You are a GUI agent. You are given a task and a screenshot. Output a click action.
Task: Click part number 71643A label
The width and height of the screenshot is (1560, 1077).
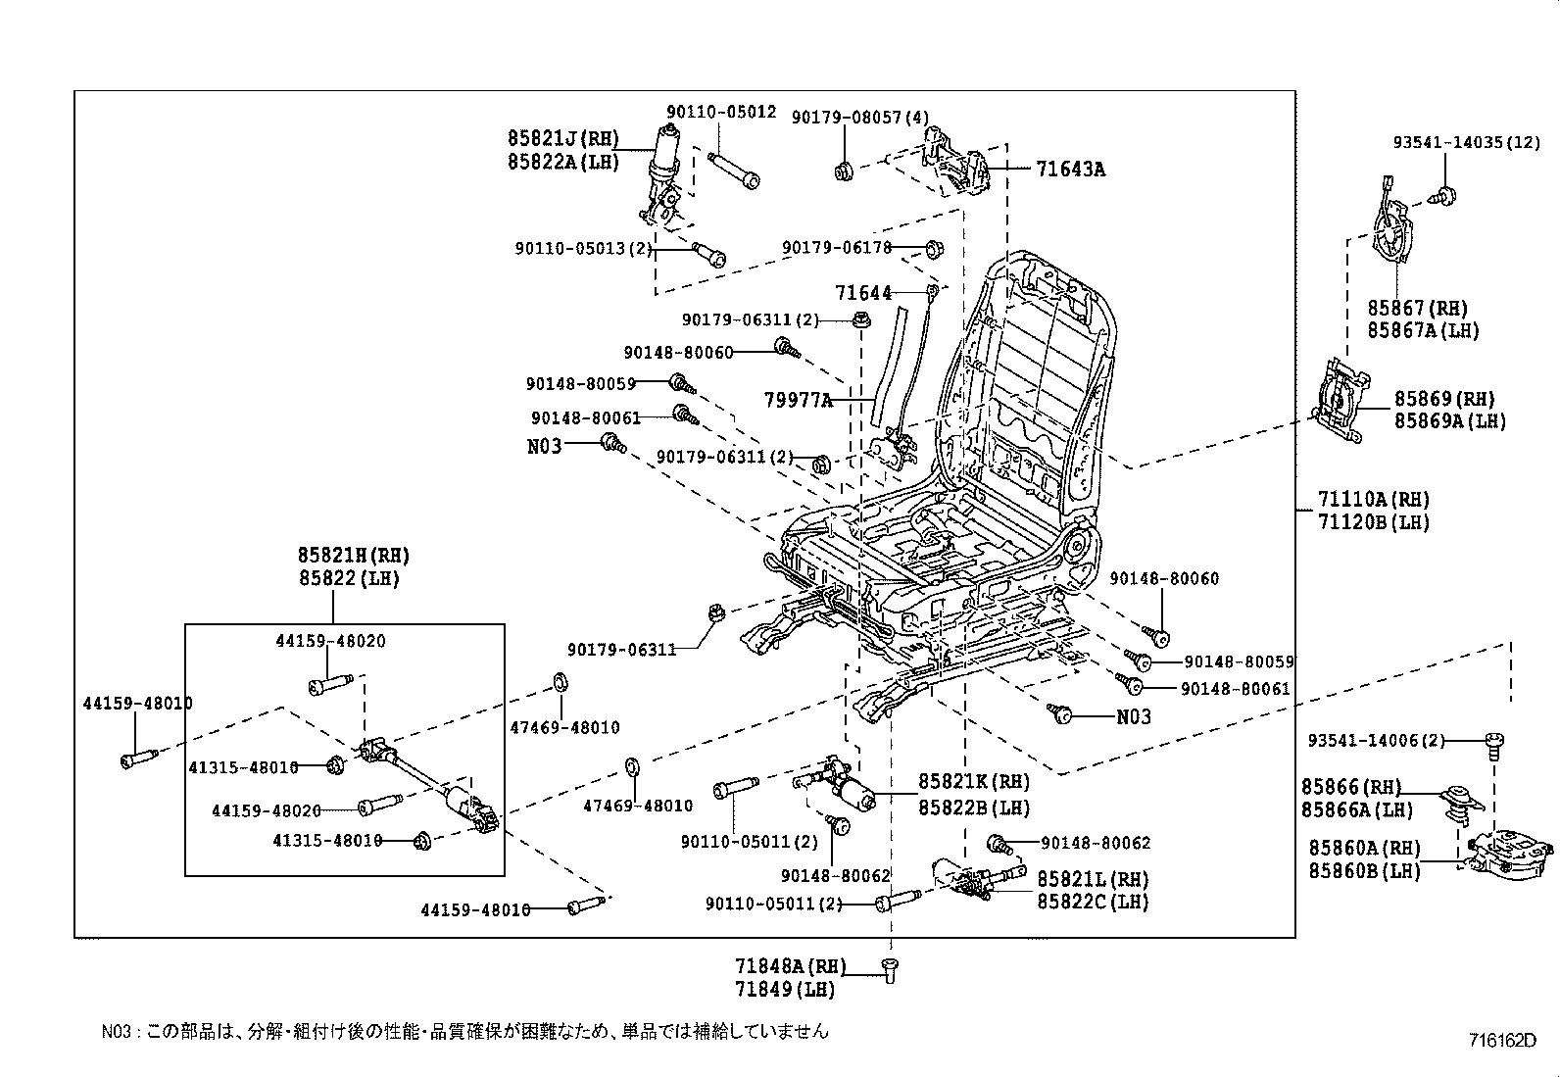coord(1070,170)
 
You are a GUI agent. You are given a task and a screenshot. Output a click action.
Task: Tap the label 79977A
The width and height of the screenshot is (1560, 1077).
coord(799,400)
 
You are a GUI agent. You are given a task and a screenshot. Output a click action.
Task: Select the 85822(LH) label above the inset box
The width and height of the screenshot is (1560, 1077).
coord(350,579)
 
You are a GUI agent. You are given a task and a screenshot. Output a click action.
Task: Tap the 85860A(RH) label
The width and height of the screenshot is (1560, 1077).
coord(1362,848)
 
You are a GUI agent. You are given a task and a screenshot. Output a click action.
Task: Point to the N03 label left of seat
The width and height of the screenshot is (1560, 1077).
coord(545,446)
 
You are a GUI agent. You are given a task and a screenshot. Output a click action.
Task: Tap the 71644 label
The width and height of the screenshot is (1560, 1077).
coord(863,293)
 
